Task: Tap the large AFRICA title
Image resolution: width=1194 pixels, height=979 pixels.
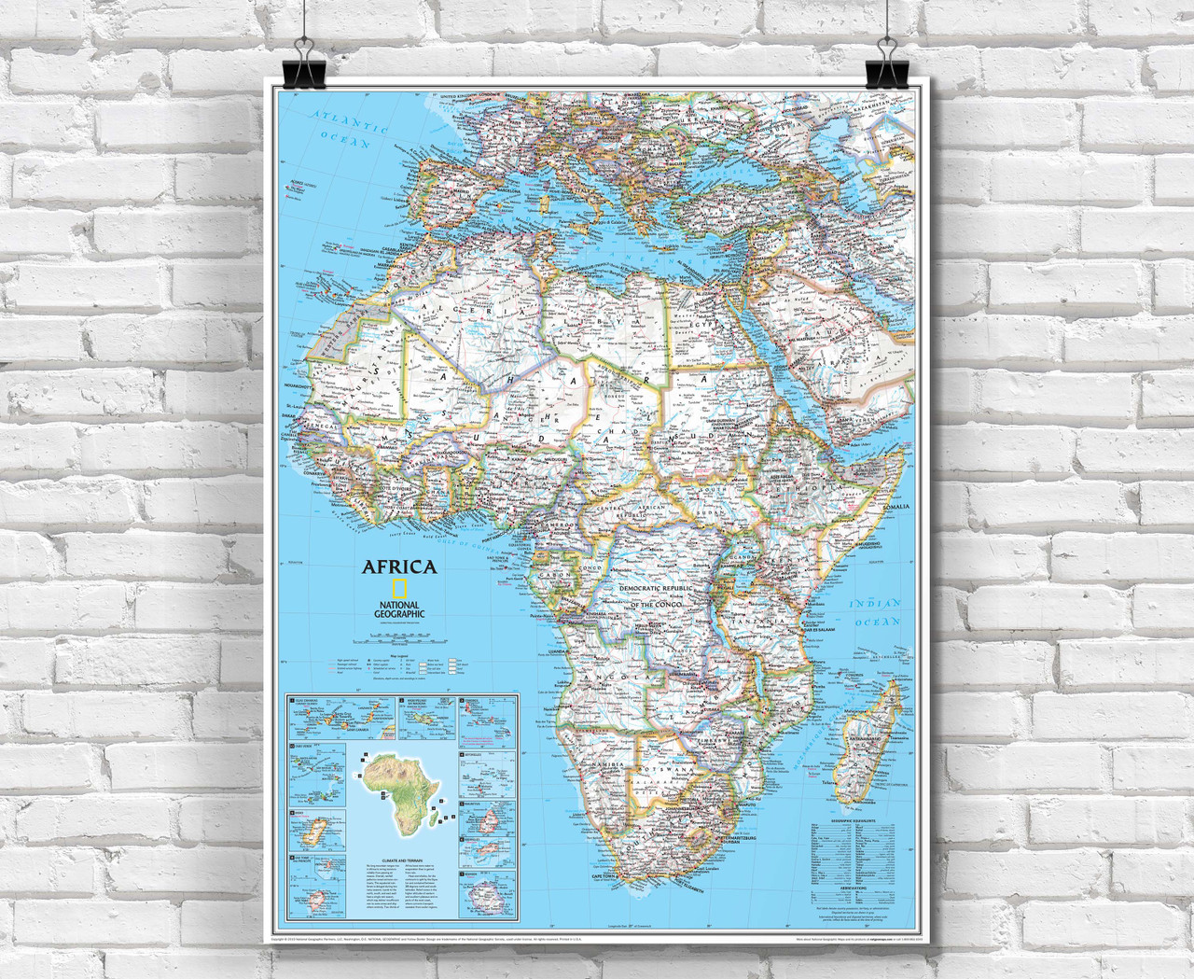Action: [399, 566]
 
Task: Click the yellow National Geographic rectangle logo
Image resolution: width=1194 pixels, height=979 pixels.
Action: [398, 589]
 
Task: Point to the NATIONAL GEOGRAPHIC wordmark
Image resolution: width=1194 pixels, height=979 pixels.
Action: [398, 608]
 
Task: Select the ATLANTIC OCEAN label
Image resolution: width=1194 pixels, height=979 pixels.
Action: [341, 131]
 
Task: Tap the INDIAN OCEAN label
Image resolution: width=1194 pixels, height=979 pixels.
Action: [877, 613]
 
